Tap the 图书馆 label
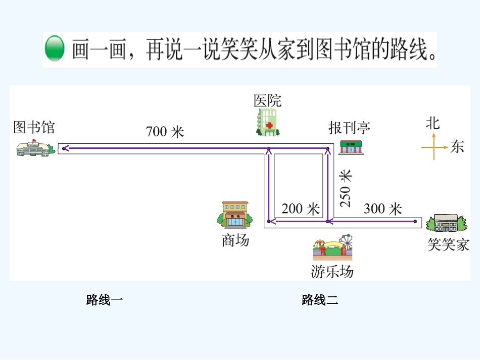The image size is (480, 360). pos(34,127)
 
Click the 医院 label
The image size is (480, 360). pos(267,100)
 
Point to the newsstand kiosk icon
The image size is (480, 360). pos(351,147)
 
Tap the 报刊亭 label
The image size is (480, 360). pos(349,127)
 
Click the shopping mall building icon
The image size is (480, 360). pos(234,215)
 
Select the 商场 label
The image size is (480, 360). pos(235,240)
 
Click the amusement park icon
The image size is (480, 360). pos(332,247)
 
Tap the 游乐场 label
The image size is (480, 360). pos(332,272)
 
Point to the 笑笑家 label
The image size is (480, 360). pos(448,245)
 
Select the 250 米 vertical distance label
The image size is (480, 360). pos(346,188)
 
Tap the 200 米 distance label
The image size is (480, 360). pos(301,209)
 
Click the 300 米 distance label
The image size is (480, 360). pos(382,208)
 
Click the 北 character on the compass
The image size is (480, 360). pos(433,123)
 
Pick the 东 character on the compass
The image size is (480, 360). pos(457,147)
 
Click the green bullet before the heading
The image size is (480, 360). pos(55,49)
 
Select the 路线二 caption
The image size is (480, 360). pos(320,300)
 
